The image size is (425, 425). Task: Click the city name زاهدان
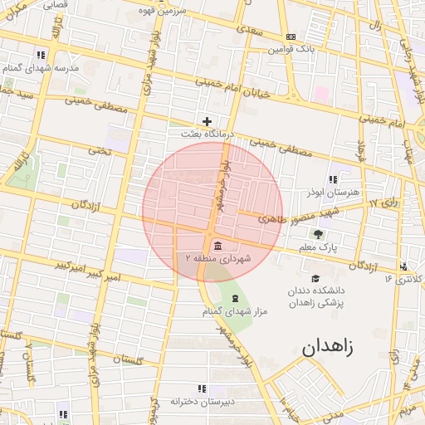pyautogui.click(x=327, y=347)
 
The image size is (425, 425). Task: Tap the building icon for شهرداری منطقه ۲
pyautogui.click(x=217, y=246)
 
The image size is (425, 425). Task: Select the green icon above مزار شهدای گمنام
pyautogui.click(x=235, y=298)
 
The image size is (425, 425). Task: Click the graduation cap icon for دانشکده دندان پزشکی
pyautogui.click(x=315, y=279)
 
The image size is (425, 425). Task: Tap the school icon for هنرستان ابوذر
pyautogui.click(x=333, y=178)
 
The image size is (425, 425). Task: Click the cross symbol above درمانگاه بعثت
pyautogui.click(x=208, y=121)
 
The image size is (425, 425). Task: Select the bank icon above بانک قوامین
pyautogui.click(x=291, y=37)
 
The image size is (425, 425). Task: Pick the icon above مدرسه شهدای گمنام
pyautogui.click(x=40, y=55)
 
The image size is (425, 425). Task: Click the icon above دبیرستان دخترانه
pyautogui.click(x=201, y=388)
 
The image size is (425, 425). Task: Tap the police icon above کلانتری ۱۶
pyautogui.click(x=403, y=266)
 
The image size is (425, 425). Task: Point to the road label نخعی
pyautogui.click(x=99, y=150)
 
